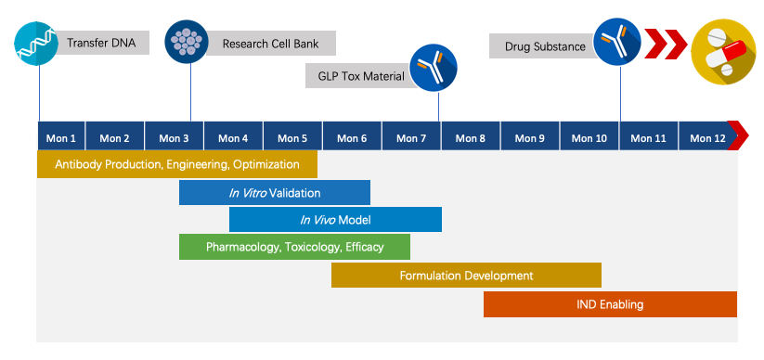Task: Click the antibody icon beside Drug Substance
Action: (618, 42)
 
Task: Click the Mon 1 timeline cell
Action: (61, 137)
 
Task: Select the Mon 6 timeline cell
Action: (352, 137)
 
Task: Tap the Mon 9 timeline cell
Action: (529, 137)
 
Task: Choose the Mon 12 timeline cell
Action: (707, 137)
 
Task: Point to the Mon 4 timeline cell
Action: (233, 137)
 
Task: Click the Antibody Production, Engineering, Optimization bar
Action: (177, 164)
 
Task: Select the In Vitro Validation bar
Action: (275, 193)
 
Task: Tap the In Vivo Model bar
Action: (335, 220)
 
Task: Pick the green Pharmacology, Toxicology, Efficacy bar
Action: (294, 247)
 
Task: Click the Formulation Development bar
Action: (466, 276)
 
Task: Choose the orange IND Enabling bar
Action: (610, 304)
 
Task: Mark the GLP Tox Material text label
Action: (358, 76)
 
